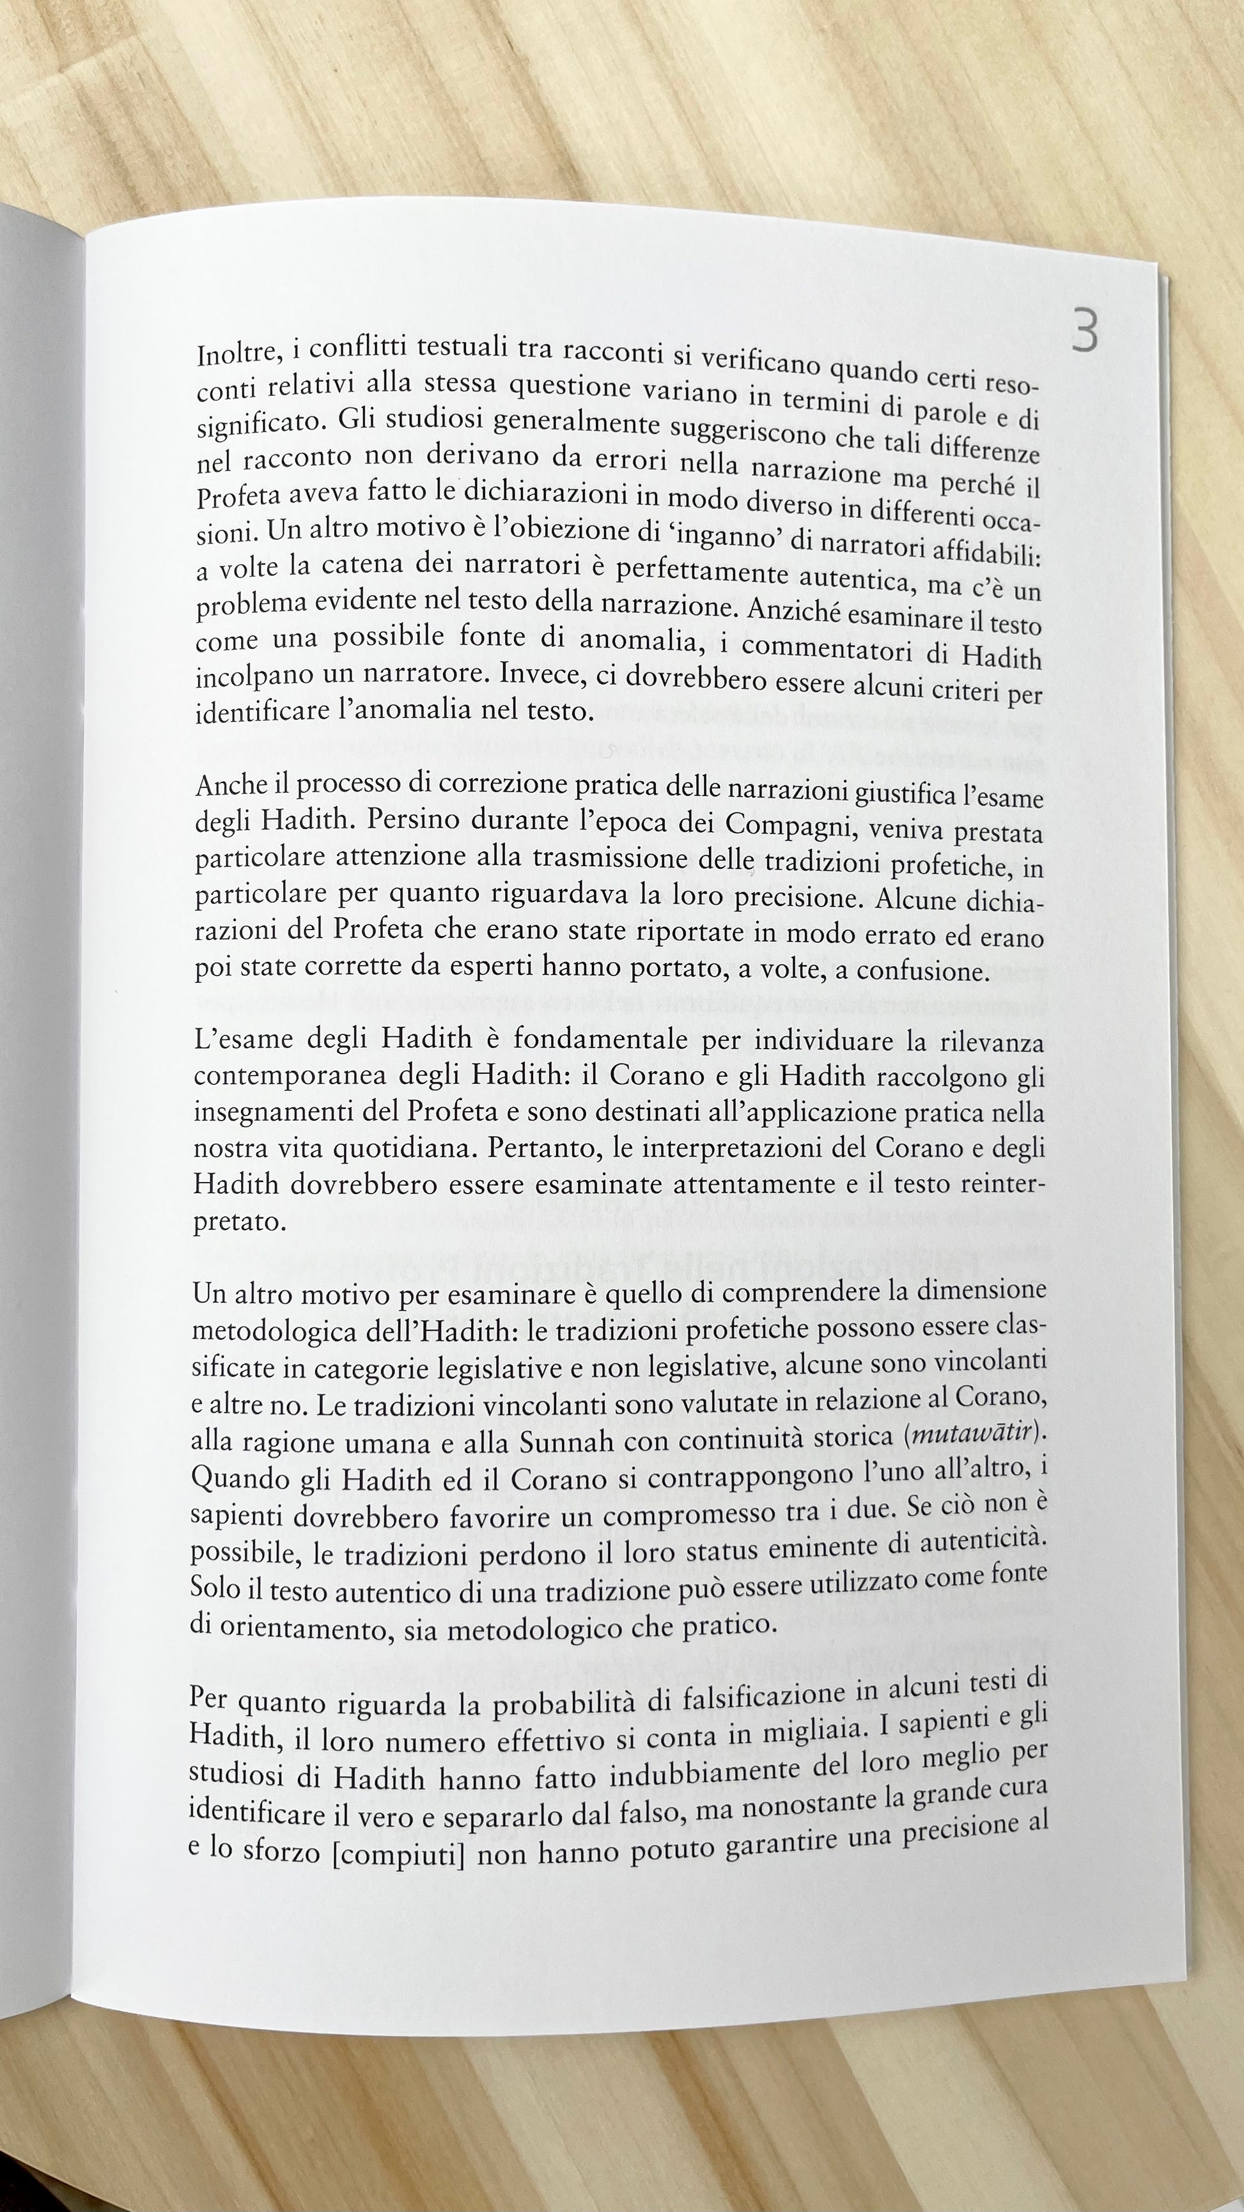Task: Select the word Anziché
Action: (794, 611)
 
